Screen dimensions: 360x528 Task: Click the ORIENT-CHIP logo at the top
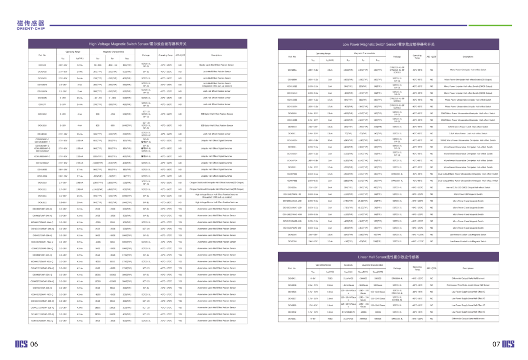click(x=30, y=25)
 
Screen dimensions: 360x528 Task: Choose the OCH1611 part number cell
click(x=292, y=133)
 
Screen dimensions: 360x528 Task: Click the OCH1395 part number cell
click(x=292, y=241)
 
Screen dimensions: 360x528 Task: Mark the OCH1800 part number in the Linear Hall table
click(x=292, y=285)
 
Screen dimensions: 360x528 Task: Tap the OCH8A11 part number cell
click(x=292, y=278)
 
